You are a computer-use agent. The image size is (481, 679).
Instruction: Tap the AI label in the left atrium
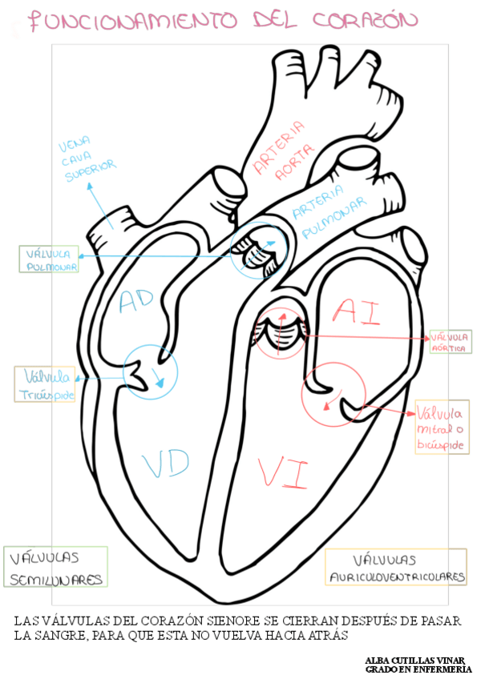click(x=356, y=311)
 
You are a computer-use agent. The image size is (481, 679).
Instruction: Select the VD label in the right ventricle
click(x=165, y=462)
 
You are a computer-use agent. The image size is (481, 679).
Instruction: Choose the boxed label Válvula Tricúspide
click(x=47, y=384)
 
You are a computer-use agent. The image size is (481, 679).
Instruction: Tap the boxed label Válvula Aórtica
click(x=451, y=342)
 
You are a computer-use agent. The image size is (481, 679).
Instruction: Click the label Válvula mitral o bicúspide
click(x=441, y=429)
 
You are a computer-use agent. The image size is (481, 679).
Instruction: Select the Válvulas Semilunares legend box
click(x=55, y=567)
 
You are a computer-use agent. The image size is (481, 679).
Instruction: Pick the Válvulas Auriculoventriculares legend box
click(x=397, y=567)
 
